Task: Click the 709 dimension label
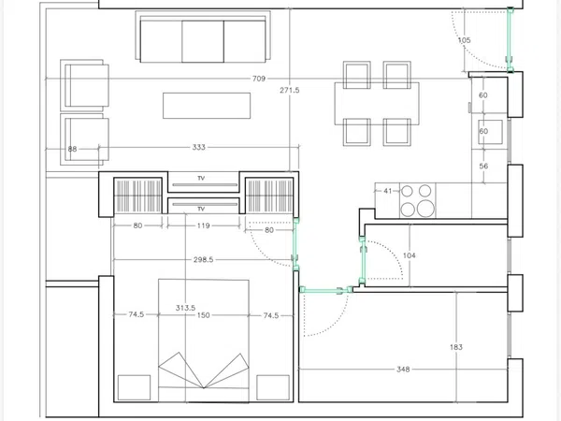click(259, 79)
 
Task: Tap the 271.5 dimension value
click(290, 90)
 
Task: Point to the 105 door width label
click(464, 40)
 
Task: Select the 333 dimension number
click(198, 147)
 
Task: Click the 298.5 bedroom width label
click(203, 259)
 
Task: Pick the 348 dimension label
click(403, 370)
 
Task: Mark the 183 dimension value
click(456, 347)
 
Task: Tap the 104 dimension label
click(409, 255)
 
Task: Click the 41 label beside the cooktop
click(388, 191)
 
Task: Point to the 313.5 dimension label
click(185, 308)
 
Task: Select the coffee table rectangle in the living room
click(207, 106)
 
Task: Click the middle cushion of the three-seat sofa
click(203, 41)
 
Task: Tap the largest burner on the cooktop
click(425, 208)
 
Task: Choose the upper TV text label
click(201, 179)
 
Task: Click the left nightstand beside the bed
click(134, 387)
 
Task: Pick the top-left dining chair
click(357, 75)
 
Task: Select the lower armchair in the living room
click(84, 139)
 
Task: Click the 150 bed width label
click(203, 315)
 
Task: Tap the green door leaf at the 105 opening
click(510, 39)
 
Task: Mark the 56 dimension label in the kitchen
click(483, 167)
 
